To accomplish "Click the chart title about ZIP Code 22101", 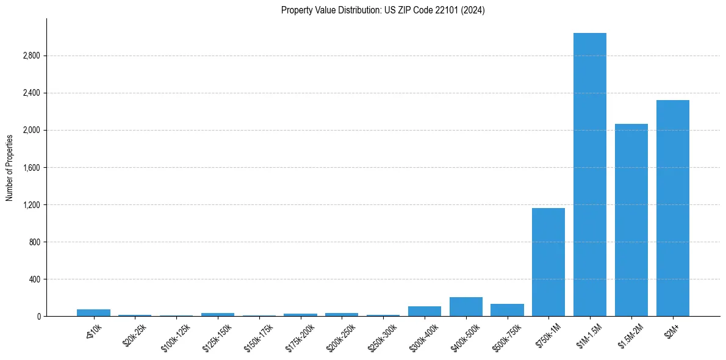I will coord(383,10).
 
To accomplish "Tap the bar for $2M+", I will coord(673,208).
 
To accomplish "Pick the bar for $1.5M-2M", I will coord(631,220).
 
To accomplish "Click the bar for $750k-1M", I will coord(548,262).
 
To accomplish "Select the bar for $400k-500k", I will coord(465,307).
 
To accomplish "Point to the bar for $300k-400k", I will coord(425,311).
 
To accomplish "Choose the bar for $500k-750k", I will coord(507,310).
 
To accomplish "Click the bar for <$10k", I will coord(93,313).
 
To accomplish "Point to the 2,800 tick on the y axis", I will coord(31,56).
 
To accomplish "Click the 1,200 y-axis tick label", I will coord(31,205).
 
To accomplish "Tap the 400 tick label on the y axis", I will coord(34,279).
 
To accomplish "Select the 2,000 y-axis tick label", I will coord(31,131).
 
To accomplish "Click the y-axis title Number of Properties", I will coord(10,167).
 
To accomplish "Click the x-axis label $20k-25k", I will coord(135,335).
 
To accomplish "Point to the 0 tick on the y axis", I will coord(38,317).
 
